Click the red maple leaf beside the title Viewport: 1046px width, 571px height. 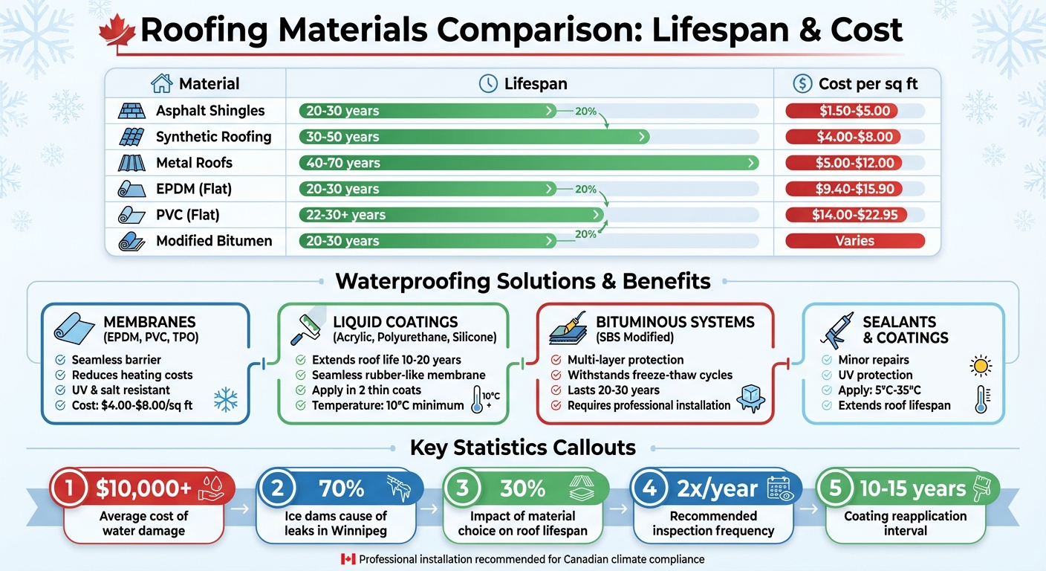click(x=117, y=32)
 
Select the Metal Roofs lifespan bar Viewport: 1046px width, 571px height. click(x=527, y=163)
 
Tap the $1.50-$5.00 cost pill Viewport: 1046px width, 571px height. click(x=842, y=111)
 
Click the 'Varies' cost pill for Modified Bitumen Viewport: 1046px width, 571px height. click(x=854, y=241)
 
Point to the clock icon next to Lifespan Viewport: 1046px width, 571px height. click(x=488, y=84)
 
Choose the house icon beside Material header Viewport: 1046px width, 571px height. click(x=161, y=84)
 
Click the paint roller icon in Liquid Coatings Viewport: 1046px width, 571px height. click(x=305, y=327)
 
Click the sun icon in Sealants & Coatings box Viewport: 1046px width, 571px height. click(x=981, y=366)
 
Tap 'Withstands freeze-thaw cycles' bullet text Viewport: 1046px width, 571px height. click(x=650, y=375)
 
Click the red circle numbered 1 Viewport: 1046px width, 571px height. click(x=71, y=488)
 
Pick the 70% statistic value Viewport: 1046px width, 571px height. click(x=341, y=488)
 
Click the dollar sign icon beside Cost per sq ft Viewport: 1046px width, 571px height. click(x=802, y=84)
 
